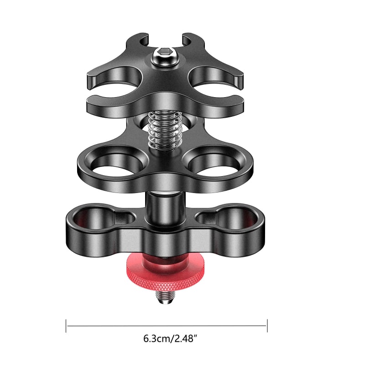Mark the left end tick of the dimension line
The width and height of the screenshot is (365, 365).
click(x=67, y=325)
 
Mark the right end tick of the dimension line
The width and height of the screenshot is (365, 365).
click(x=267, y=325)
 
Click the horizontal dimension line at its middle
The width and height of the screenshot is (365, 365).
click(x=167, y=325)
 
